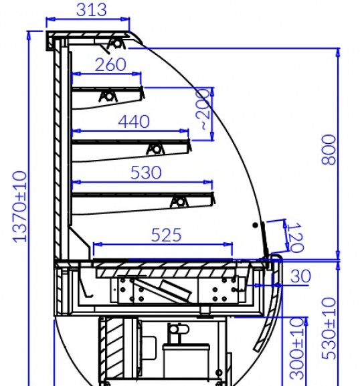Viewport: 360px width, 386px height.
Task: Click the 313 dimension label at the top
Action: (x=92, y=10)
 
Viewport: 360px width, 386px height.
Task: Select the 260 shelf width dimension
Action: (x=110, y=65)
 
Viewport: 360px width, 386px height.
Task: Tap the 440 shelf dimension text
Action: (x=134, y=122)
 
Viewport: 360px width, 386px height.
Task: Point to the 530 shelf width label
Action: (x=146, y=173)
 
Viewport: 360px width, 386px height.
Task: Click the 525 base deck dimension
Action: (x=166, y=235)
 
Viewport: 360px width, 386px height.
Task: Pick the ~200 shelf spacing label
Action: (x=203, y=109)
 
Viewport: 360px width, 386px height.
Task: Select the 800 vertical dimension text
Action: (x=329, y=149)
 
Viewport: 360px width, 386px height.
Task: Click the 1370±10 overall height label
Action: (x=19, y=207)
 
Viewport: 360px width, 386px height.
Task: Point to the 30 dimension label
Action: (x=300, y=276)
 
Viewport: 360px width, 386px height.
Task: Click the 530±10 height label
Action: (x=329, y=328)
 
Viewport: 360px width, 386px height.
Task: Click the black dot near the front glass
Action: (x=256, y=225)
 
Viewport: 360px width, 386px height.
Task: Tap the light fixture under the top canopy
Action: (x=116, y=44)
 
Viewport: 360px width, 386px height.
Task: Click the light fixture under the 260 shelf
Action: (x=108, y=96)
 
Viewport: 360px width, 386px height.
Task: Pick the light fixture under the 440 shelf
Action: (x=155, y=149)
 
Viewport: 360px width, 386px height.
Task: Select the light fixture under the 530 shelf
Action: (x=179, y=202)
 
